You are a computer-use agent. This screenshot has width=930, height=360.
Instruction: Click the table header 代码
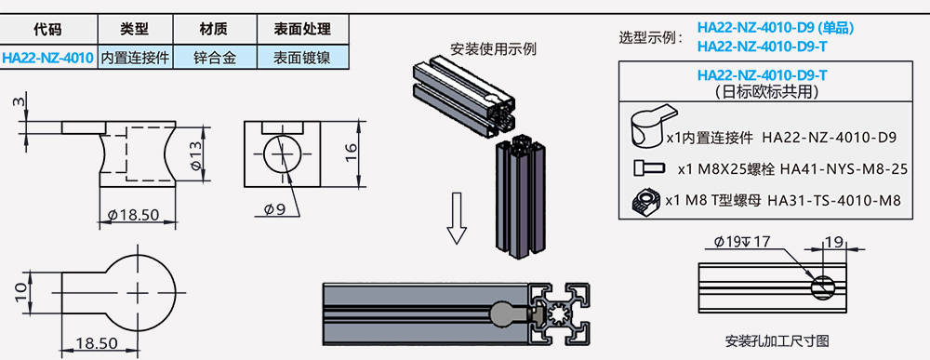point(48,29)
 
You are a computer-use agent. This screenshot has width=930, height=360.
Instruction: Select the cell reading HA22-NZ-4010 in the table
point(48,58)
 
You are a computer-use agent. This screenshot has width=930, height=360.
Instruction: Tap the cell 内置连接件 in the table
point(135,58)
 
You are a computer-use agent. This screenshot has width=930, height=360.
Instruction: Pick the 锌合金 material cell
point(215,58)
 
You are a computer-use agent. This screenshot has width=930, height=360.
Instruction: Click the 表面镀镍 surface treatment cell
point(302,58)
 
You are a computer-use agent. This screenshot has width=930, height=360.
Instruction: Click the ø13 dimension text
point(197,154)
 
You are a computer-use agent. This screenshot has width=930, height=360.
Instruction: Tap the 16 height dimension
point(352,153)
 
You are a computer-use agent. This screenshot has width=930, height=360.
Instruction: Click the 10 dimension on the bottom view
point(20,291)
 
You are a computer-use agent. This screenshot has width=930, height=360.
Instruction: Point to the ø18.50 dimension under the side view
point(138,215)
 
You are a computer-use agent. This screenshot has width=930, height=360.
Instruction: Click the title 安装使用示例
point(494,48)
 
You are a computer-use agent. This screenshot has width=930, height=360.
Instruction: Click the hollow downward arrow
point(457,219)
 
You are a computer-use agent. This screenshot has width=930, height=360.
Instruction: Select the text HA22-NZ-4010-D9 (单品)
point(776,28)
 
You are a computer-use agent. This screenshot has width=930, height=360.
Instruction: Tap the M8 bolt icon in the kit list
point(645,167)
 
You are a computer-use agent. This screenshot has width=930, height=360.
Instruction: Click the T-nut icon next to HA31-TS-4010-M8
point(646,200)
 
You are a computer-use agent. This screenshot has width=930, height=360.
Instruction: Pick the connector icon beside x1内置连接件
point(653,126)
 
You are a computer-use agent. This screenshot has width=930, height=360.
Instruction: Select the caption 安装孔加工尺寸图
point(777,341)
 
